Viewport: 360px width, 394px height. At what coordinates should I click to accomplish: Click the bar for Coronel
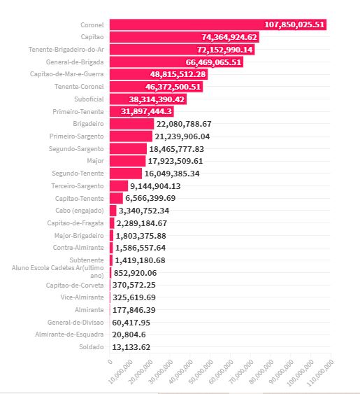coord(218,24)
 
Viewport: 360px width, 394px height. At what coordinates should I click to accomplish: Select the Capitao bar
coord(185,37)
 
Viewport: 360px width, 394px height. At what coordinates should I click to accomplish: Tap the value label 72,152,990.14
coord(224,50)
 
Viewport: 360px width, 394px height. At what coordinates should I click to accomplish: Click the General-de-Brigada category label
coord(75,62)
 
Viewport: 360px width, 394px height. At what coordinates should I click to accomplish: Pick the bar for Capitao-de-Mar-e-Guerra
coord(159,74)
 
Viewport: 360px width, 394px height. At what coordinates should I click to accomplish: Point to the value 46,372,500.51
coord(173,87)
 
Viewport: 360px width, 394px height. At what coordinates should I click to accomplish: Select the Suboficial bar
coord(148,99)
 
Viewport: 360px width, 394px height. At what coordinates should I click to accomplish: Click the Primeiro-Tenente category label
coord(78,111)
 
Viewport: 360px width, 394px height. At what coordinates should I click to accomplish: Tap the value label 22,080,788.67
coord(184,124)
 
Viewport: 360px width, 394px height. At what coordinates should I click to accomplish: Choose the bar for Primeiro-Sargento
coord(131,136)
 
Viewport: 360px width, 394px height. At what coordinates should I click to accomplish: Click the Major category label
coord(95,161)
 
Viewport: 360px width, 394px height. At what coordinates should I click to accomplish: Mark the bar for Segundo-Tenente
coord(126,174)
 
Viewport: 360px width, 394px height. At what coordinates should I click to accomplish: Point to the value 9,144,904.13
coord(155,186)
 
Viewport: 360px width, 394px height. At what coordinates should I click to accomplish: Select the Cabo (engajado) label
coord(80,211)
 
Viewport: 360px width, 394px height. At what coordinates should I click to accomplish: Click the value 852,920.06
coord(136,273)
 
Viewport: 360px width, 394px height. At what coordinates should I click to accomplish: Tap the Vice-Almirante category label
coord(82,297)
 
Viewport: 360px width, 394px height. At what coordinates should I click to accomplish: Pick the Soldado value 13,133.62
coord(131,347)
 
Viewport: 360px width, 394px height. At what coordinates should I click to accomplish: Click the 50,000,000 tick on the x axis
coord(201,372)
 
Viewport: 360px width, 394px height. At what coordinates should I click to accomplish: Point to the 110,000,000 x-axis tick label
coord(320,372)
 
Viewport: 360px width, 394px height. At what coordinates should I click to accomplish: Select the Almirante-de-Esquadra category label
coord(69,335)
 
